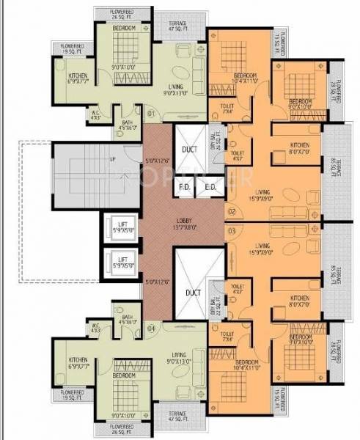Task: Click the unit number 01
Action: [x=151, y=114]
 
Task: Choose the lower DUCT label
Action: [x=192, y=293]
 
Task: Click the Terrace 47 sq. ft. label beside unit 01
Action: [x=177, y=26]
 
